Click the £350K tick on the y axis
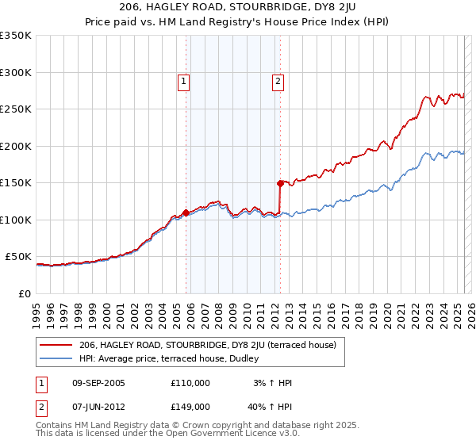pyautogui.click(x=15, y=36)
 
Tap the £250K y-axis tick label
pyautogui.click(x=15, y=109)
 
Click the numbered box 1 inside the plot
pyautogui.click(x=184, y=80)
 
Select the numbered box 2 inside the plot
pyautogui.click(x=278, y=80)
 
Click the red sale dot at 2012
pyautogui.click(x=280, y=183)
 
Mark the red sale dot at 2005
pyautogui.click(x=186, y=212)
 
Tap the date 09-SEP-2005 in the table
pyautogui.click(x=98, y=383)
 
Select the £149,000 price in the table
pyautogui.click(x=190, y=407)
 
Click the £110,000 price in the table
pyautogui.click(x=190, y=383)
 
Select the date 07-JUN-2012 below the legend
pyautogui.click(x=98, y=407)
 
